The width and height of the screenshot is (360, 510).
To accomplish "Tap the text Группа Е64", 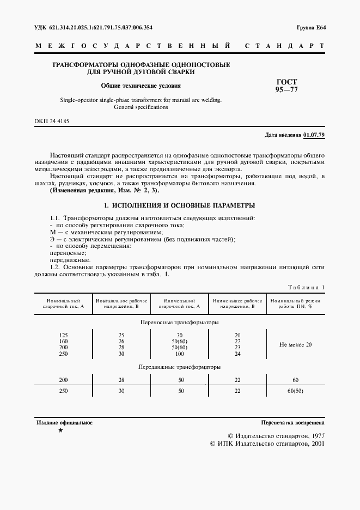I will (311, 27).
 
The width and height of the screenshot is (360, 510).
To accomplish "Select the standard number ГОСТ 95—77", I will (286, 86).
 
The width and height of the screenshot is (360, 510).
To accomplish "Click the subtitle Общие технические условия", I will (141, 86).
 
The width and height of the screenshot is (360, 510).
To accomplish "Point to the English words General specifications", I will (141, 107).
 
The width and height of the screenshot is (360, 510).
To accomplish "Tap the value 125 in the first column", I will (63, 335).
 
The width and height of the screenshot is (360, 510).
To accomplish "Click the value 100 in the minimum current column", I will (179, 354).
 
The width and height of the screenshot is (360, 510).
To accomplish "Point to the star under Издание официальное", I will (60, 430).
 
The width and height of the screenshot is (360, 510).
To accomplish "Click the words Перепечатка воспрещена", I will (293, 422).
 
